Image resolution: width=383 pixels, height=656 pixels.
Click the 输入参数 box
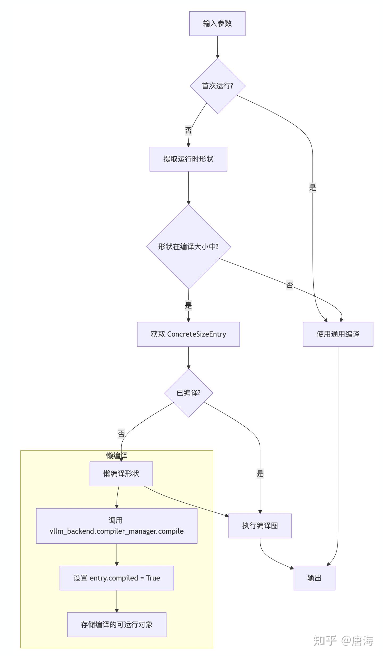pos(217,23)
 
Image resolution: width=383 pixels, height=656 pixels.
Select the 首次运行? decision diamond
pos(217,86)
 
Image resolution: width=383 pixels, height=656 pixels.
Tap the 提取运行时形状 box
pos(188,159)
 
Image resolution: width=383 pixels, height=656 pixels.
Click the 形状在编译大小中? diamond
pos(188,246)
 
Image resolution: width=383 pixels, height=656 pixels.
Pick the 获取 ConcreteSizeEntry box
pos(188,334)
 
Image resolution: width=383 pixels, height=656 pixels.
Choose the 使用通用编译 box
pos(338,334)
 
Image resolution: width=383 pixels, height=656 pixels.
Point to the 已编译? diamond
pos(188,393)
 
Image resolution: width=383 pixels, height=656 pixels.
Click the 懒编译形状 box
pos(121,474)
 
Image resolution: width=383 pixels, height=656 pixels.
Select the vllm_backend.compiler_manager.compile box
pos(116,526)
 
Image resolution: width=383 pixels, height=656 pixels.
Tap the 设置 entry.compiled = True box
pos(116,578)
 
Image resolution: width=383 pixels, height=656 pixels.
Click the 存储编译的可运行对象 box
pos(116,625)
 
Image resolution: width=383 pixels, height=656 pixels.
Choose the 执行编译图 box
pos(260,526)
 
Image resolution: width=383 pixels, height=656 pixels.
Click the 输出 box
pos(314,578)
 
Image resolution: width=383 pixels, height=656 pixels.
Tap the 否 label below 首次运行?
pos(188,131)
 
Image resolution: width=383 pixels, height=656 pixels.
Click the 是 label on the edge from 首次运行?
pos(313,188)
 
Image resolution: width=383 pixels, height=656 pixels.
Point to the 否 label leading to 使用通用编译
pos(289,285)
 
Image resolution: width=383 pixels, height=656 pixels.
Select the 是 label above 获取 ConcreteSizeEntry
pos(188,305)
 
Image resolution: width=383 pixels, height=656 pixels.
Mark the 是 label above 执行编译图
pos(260,473)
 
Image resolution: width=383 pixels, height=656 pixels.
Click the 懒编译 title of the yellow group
pos(116,456)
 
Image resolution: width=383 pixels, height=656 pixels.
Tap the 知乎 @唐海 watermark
pos(343,641)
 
